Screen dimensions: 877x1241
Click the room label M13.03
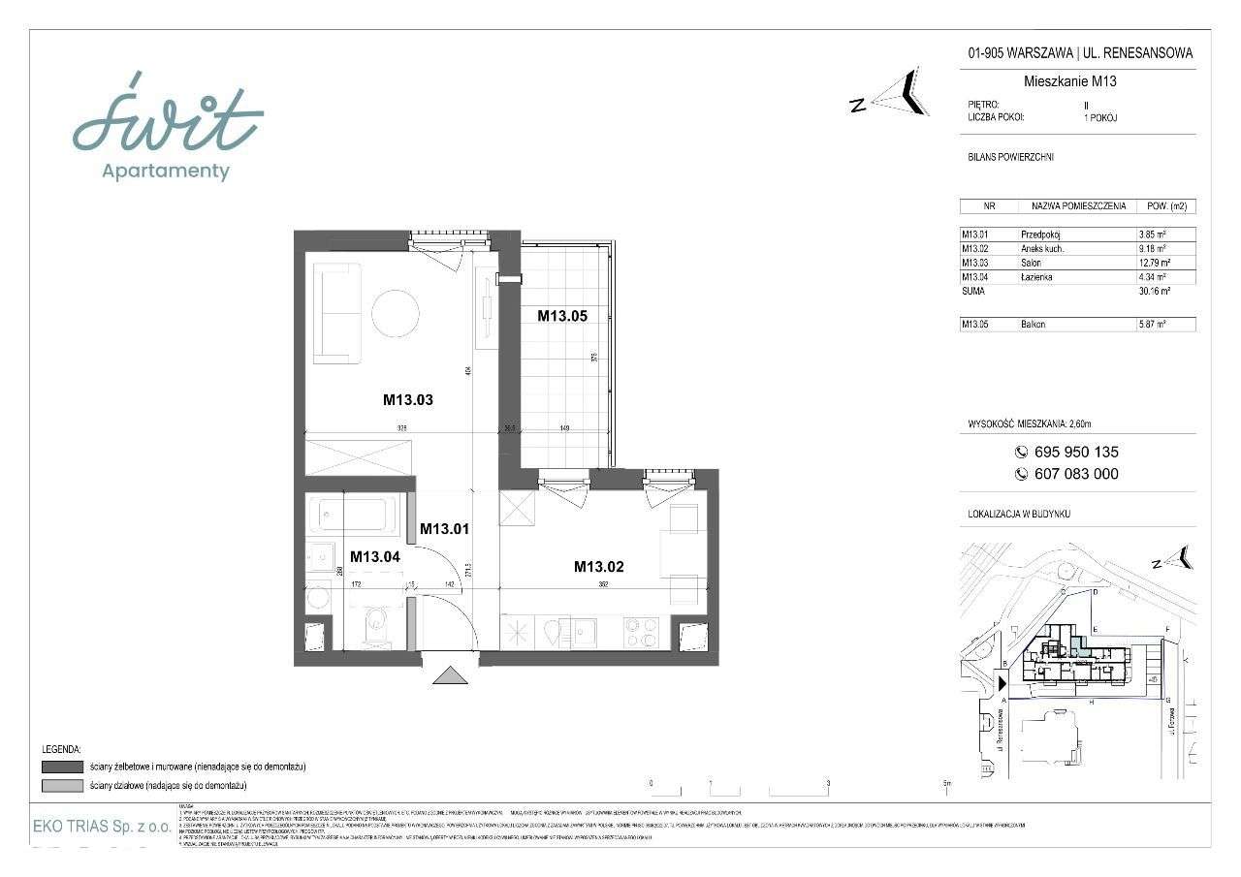coord(407,398)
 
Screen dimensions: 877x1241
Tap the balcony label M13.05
coord(562,314)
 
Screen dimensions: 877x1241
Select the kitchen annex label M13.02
coord(598,567)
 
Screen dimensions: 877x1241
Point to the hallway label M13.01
coord(444,529)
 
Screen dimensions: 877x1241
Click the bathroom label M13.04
coord(375,556)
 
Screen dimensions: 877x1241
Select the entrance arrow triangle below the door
coord(450,675)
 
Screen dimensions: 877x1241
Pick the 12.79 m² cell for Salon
coord(1154,263)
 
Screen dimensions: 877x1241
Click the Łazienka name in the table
coord(1037,277)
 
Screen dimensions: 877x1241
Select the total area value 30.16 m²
coord(1154,291)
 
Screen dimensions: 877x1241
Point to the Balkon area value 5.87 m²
coord(1152,325)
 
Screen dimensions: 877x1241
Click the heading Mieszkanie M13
coord(1069,81)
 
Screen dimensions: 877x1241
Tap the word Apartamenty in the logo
coord(166,172)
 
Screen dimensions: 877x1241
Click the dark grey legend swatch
coord(62,767)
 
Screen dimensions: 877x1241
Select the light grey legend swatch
coord(62,784)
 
